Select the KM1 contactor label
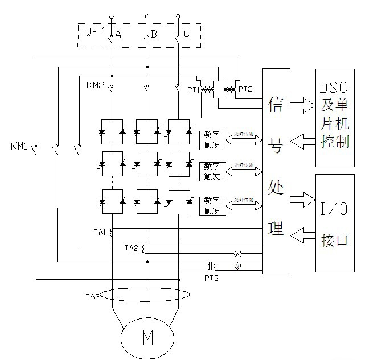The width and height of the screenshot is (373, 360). [20, 146]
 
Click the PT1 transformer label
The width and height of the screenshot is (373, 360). [194, 89]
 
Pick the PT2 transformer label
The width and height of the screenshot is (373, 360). [246, 89]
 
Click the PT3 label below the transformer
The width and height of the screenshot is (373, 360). [212, 278]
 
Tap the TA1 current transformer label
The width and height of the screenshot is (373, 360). [101, 232]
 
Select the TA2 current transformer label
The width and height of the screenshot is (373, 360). [131, 248]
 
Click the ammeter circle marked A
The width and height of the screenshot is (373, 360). [237, 254]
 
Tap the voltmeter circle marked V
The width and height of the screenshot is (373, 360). [237, 265]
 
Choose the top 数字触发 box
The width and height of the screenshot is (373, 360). [212, 139]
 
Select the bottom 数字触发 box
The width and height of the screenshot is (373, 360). [212, 205]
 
